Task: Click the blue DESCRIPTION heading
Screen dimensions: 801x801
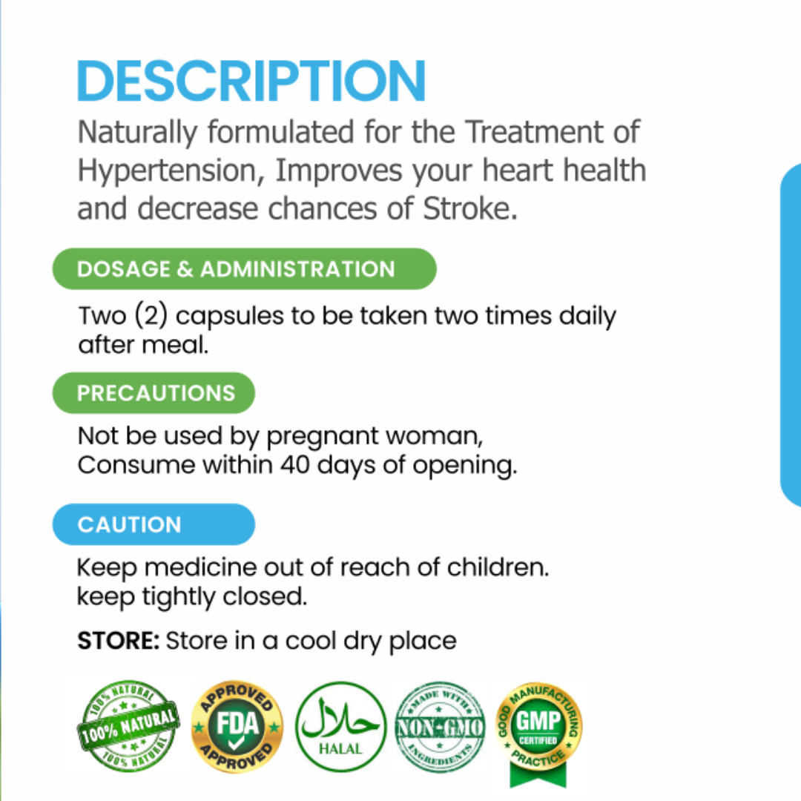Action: click(251, 81)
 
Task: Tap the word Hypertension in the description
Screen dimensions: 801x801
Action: click(171, 171)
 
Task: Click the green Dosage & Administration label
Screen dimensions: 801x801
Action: click(244, 268)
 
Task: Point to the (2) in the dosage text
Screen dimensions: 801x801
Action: click(151, 315)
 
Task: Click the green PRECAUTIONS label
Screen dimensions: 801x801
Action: click(154, 393)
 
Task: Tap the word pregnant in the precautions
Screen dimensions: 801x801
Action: click(323, 438)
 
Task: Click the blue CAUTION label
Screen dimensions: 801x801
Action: click(154, 524)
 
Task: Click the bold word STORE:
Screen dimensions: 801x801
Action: click(119, 641)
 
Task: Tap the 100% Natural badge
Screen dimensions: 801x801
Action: click(128, 726)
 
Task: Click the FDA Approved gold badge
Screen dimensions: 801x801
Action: click(237, 726)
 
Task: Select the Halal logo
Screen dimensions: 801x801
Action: click(340, 726)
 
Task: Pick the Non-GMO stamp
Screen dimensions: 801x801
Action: click(440, 727)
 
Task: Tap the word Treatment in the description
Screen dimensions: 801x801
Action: click(535, 132)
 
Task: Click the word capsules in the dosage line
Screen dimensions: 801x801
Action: click(230, 317)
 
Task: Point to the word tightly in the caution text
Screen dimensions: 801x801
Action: click(179, 597)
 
